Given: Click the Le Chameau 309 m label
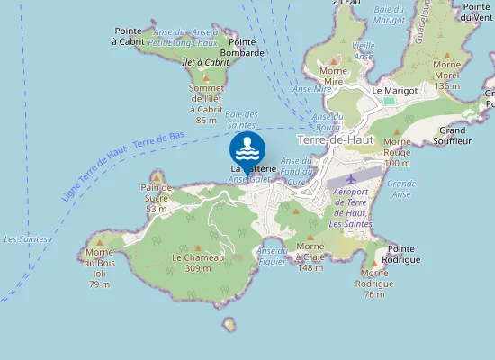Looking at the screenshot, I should point(198,262).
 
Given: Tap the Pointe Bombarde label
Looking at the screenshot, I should point(247,47).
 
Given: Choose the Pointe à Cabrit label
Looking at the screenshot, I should point(130,35).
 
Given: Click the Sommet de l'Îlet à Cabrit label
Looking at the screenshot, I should point(206,103).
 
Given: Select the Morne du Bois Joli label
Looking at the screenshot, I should point(99,267).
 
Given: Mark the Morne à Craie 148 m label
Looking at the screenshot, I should point(310,256).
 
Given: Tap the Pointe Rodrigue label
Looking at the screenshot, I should point(400,254).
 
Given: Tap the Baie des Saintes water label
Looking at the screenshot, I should point(242,120).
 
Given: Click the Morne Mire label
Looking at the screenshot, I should point(334,76).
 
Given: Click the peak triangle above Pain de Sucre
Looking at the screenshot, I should point(157,175).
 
